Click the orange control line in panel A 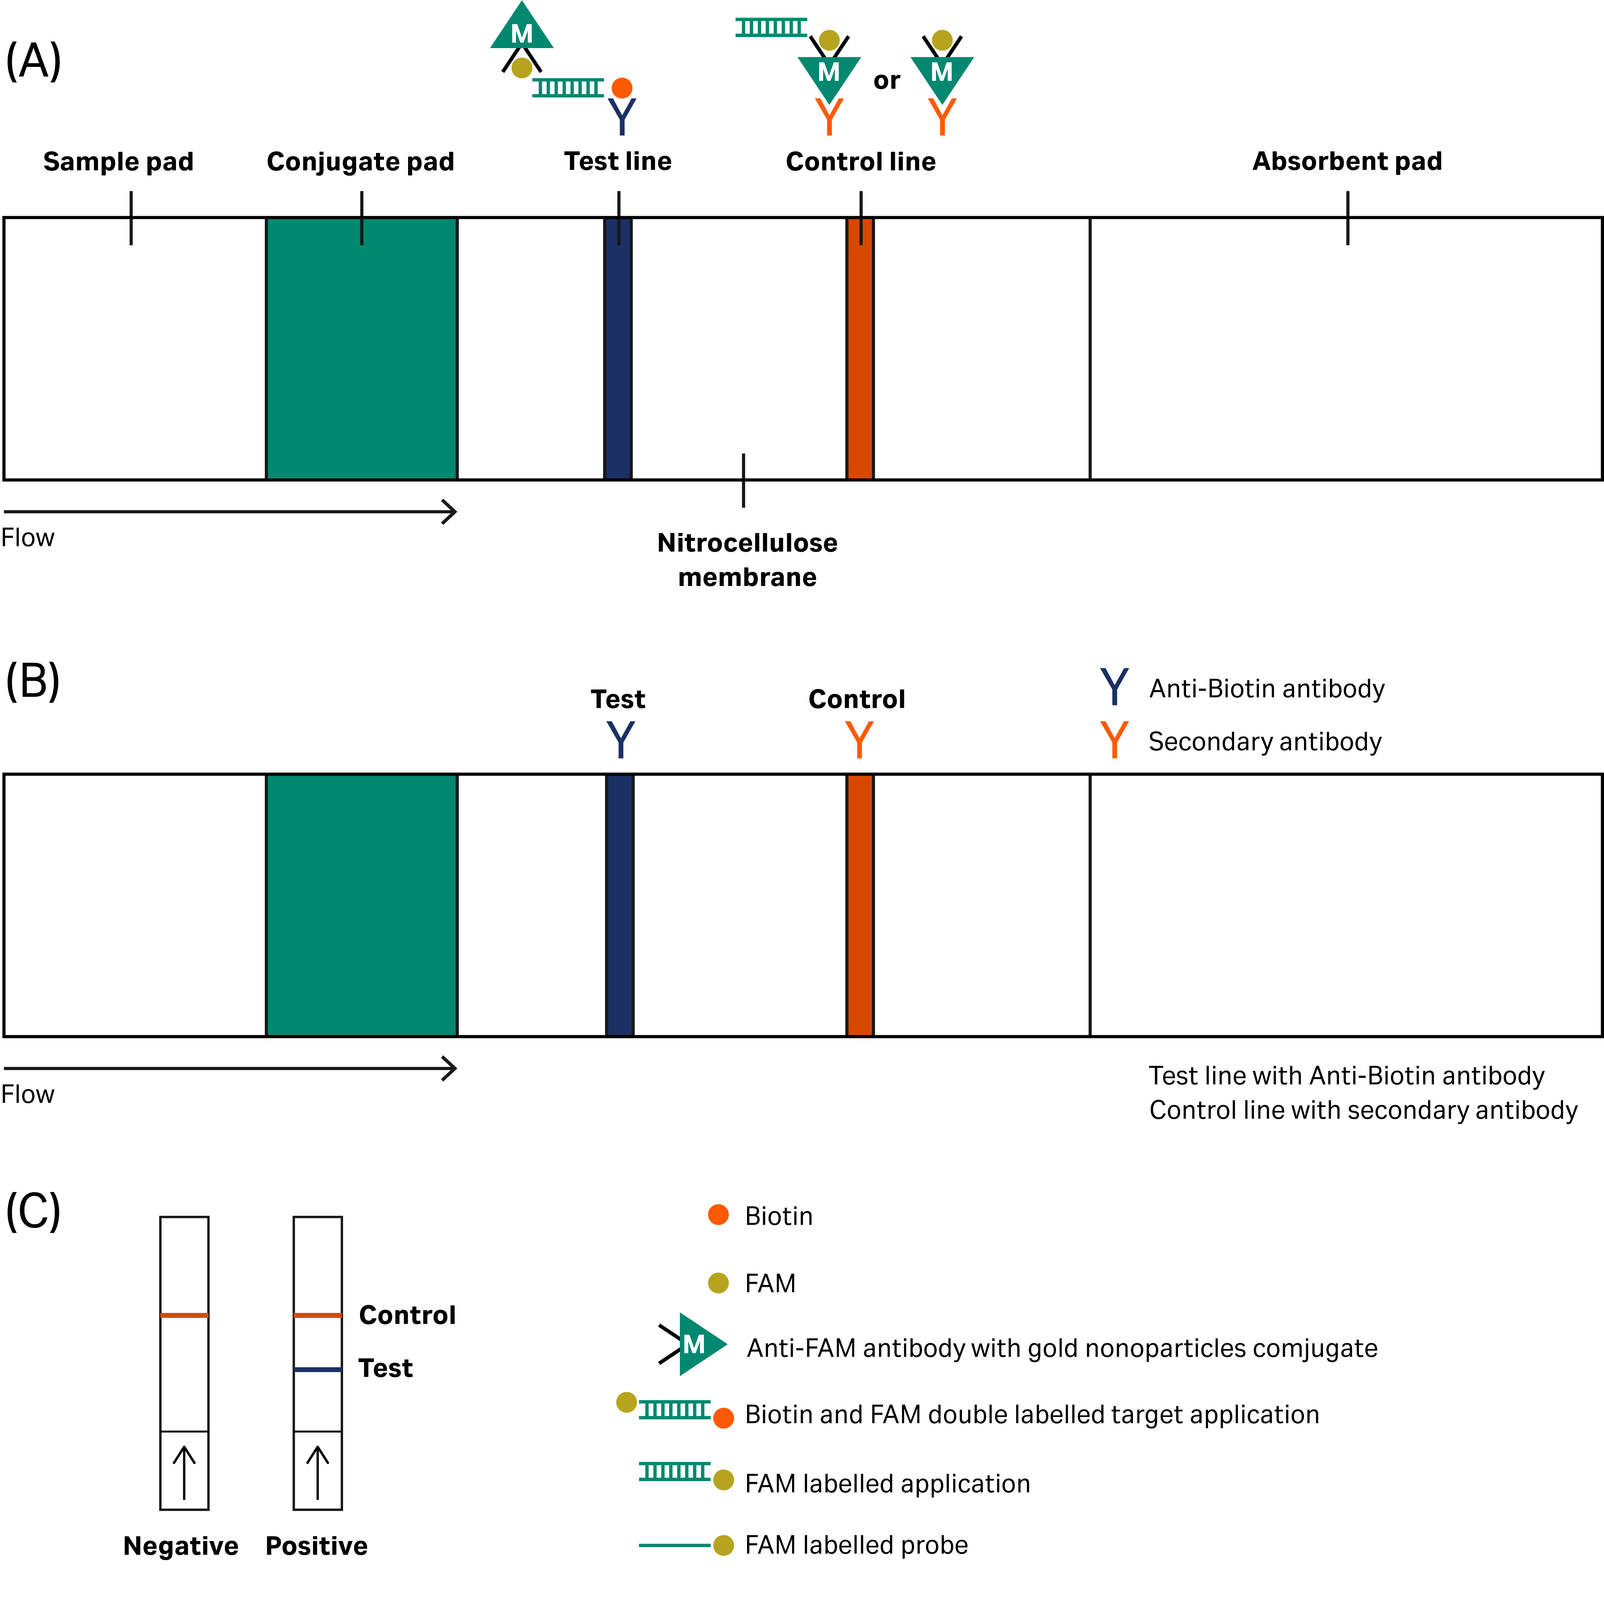coord(860,349)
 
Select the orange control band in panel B coord(860,905)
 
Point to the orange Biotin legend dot coord(718,1215)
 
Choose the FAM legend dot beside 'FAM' coord(718,1283)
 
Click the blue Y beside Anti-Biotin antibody coord(1114,687)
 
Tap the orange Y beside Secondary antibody coord(1114,740)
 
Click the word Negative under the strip coord(181,1546)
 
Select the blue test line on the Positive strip coord(318,1369)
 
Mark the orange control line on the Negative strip coord(184,1315)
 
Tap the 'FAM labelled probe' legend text coord(856,1545)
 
